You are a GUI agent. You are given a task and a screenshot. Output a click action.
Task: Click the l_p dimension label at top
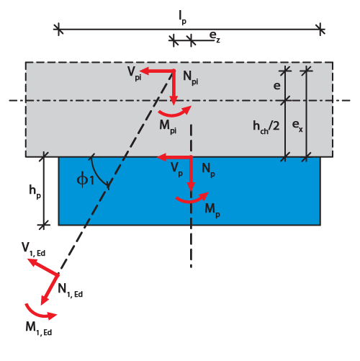(x=183, y=17)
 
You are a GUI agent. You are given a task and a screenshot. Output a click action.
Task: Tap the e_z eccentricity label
(x=215, y=37)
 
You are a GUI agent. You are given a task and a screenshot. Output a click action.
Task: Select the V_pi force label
(x=134, y=73)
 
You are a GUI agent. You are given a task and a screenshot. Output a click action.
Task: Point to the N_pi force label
(x=191, y=78)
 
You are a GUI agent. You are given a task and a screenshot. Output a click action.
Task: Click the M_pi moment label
(x=168, y=127)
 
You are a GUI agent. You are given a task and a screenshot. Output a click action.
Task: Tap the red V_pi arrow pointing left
(x=157, y=71)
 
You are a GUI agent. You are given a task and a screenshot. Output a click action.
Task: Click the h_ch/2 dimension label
(x=266, y=126)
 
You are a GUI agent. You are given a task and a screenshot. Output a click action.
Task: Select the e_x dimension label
(x=297, y=126)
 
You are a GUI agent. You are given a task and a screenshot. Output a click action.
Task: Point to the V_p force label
(x=176, y=169)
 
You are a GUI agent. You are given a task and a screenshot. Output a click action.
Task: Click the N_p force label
(x=208, y=170)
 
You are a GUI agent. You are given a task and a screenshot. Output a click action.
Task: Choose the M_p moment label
(x=212, y=210)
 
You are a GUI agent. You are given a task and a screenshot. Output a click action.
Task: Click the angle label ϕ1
(x=85, y=180)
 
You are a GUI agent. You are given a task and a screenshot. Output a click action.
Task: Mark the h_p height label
(x=35, y=192)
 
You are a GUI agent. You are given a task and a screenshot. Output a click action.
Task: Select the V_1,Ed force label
(x=33, y=249)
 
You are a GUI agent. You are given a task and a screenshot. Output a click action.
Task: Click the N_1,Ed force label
(x=71, y=290)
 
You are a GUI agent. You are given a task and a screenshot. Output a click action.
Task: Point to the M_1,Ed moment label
(x=39, y=329)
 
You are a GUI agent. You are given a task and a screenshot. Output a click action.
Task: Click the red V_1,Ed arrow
(x=42, y=267)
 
